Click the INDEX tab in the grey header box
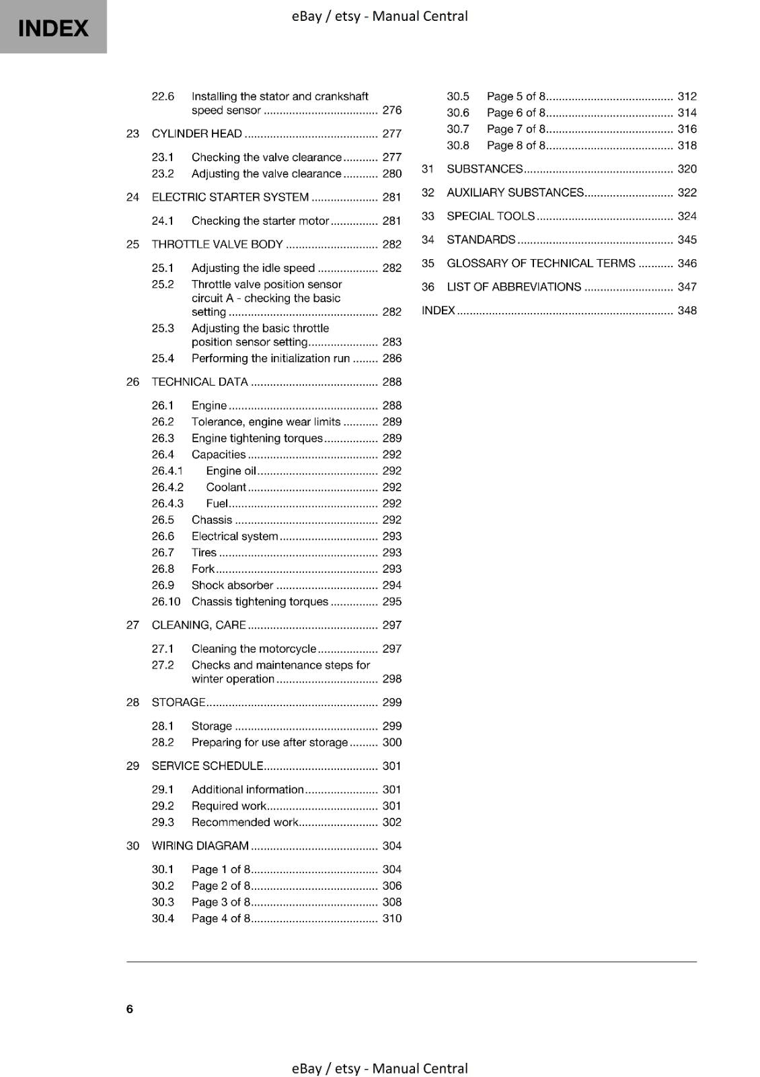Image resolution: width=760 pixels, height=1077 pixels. pyautogui.click(x=53, y=28)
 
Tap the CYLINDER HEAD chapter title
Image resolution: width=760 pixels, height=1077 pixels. pyautogui.click(x=196, y=133)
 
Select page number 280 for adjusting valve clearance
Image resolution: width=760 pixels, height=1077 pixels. pyautogui.click(x=391, y=174)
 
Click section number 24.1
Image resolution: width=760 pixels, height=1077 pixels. pyautogui.click(x=162, y=221)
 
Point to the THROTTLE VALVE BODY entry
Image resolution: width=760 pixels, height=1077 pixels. pyautogui.click(x=217, y=244)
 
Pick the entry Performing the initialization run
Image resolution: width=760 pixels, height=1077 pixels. pyautogui.click(x=270, y=358)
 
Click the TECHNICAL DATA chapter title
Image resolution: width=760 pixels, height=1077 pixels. pyautogui.click(x=200, y=382)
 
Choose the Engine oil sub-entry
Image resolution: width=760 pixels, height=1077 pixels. pyautogui.click(x=231, y=471)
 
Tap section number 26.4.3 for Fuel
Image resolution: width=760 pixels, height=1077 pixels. pyautogui.click(x=167, y=503)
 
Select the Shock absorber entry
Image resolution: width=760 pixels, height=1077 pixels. pyautogui.click(x=232, y=585)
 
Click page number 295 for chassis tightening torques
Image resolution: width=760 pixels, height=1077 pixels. pyautogui.click(x=391, y=602)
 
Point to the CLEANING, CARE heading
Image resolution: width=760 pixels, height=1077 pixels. pyautogui.click(x=198, y=625)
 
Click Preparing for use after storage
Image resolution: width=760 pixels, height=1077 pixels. pyautogui.click(x=269, y=742)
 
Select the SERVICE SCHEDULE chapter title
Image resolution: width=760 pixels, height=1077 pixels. pyautogui.click(x=207, y=765)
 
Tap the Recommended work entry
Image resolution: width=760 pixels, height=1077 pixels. pyautogui.click(x=245, y=822)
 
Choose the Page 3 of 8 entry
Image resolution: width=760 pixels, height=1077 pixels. pyautogui.click(x=221, y=902)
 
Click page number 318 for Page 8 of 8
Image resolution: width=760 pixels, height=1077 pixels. pyautogui.click(x=687, y=145)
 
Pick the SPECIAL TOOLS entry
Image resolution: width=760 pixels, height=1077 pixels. pyautogui.click(x=490, y=216)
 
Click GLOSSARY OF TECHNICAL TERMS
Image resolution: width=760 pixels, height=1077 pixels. pyautogui.click(x=541, y=263)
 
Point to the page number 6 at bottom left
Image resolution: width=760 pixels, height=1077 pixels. pyautogui.click(x=130, y=1008)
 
